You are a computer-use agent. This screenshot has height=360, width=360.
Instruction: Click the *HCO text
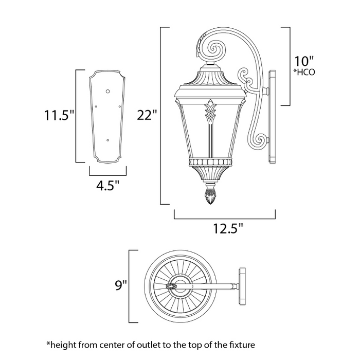(x=304, y=73)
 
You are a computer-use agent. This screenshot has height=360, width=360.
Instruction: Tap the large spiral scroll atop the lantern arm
(x=211, y=48)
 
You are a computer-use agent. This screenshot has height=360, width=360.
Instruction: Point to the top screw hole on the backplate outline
(x=107, y=92)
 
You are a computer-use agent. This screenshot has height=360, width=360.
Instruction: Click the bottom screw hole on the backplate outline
(x=107, y=139)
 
